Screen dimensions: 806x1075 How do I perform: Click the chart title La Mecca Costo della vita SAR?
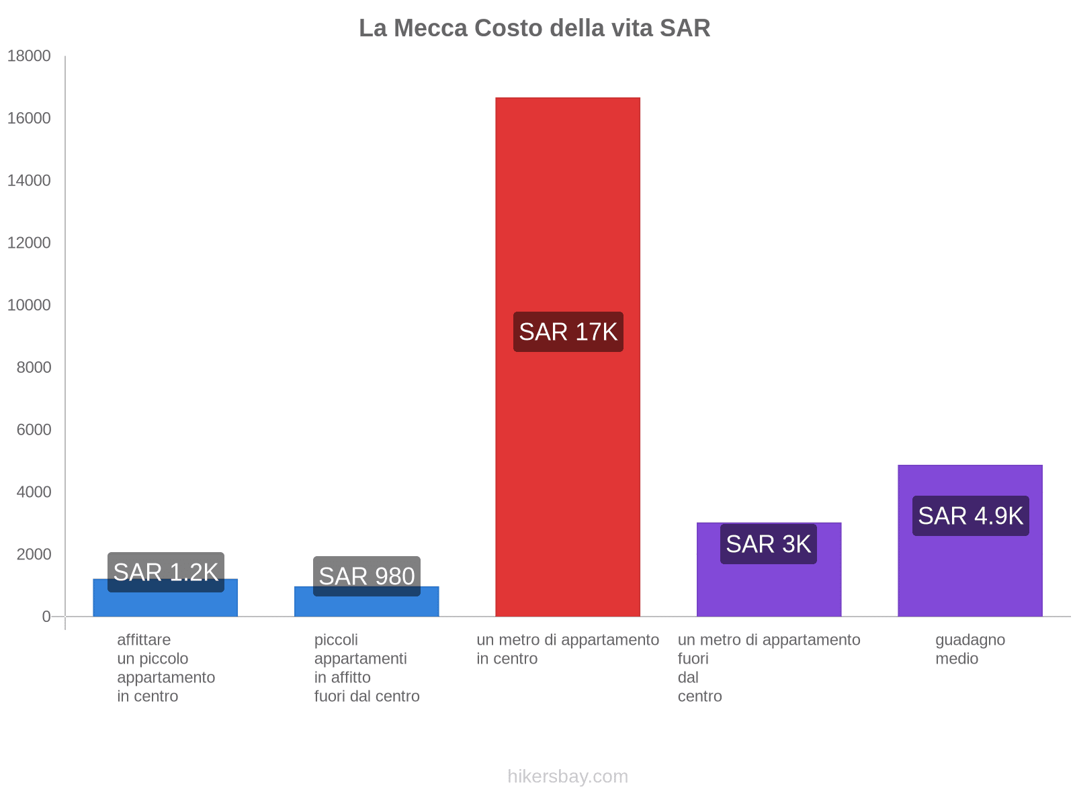(x=534, y=28)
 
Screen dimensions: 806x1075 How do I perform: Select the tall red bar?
(x=568, y=201)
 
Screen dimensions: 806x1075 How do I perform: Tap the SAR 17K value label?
(x=568, y=332)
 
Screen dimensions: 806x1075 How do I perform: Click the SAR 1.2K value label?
(x=165, y=572)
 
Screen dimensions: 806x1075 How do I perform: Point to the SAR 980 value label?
(x=366, y=576)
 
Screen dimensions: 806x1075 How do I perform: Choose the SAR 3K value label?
(x=768, y=544)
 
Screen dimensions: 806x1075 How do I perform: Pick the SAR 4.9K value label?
(x=970, y=516)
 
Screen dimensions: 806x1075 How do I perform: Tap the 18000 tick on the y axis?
(x=29, y=56)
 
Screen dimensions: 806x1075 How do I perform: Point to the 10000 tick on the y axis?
(x=29, y=305)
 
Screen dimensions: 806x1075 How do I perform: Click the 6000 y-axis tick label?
(x=34, y=430)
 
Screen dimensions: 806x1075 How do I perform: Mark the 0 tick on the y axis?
(x=46, y=617)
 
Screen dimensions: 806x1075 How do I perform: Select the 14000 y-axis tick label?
(x=29, y=181)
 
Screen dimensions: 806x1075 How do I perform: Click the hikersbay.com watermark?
(x=568, y=776)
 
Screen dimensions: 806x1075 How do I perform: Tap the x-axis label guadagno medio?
(x=970, y=649)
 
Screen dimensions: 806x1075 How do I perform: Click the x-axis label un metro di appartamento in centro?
(x=568, y=649)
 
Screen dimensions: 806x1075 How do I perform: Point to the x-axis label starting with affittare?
(x=165, y=668)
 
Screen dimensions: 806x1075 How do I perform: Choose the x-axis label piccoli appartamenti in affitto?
(x=366, y=668)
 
